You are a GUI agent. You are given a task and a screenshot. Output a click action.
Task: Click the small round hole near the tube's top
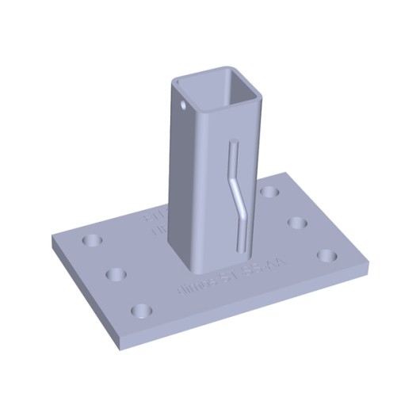coord(183,102)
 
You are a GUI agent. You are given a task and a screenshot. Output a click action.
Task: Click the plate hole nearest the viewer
coord(141,309)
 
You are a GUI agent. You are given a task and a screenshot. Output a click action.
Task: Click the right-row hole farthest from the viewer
coord(271,193)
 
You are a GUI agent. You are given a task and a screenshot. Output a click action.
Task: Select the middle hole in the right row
coord(297,222)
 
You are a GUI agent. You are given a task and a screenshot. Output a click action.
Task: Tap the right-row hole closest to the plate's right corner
coord(327,255)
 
